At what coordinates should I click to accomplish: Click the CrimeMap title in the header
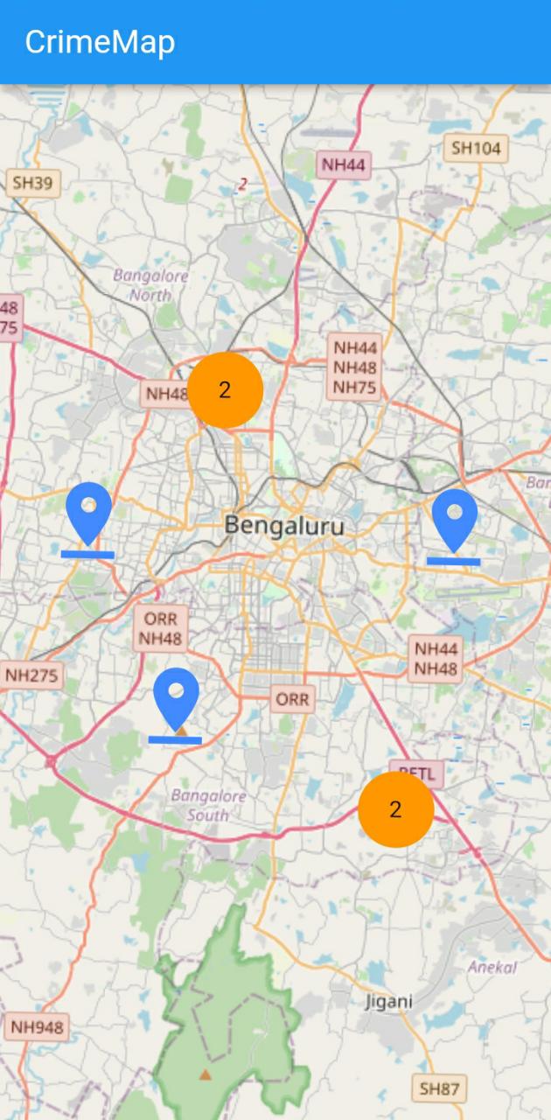pyautogui.click(x=100, y=42)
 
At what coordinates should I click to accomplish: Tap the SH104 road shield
pyautogui.click(x=476, y=148)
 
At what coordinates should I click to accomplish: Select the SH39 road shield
pyautogui.click(x=33, y=183)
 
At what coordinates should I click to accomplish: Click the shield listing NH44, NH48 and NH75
pyautogui.click(x=355, y=367)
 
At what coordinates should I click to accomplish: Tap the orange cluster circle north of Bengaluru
pyautogui.click(x=225, y=390)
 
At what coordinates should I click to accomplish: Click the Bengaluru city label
pyautogui.click(x=284, y=526)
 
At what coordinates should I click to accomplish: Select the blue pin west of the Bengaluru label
pyautogui.click(x=88, y=511)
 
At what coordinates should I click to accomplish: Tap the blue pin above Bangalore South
pyautogui.click(x=176, y=696)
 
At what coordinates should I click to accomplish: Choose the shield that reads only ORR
pyautogui.click(x=292, y=699)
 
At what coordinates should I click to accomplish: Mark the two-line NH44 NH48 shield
pyautogui.click(x=436, y=659)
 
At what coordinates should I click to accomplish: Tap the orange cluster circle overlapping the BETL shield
pyautogui.click(x=395, y=809)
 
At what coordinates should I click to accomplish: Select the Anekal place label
pyautogui.click(x=492, y=968)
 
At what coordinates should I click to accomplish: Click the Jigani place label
pyautogui.click(x=389, y=1001)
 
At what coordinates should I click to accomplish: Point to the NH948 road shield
pyautogui.click(x=37, y=1027)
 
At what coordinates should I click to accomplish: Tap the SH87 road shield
pyautogui.click(x=438, y=1088)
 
